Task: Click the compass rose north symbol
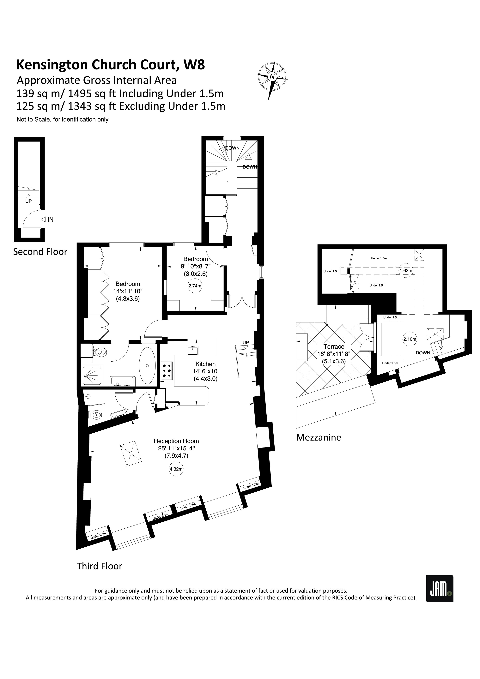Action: (x=272, y=77)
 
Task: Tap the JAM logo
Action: (x=440, y=588)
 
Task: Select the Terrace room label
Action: (x=334, y=346)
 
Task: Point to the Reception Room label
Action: (x=176, y=441)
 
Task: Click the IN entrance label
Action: (x=50, y=219)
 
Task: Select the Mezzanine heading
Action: (x=319, y=437)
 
